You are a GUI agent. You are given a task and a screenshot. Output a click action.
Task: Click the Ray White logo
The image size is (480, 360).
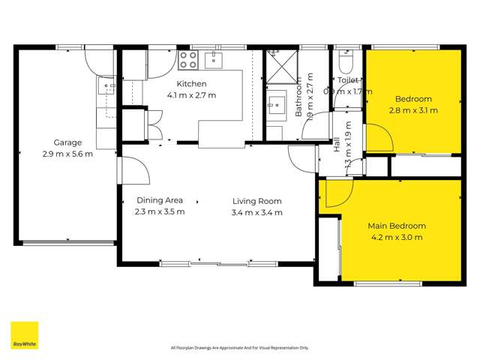24,335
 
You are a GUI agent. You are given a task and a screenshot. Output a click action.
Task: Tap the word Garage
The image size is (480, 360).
67,142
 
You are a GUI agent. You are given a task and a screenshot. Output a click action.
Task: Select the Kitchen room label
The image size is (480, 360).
191,84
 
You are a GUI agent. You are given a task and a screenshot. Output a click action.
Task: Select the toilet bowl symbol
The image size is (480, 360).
349,58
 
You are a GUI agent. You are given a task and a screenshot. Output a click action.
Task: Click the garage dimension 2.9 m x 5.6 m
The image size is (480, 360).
67,154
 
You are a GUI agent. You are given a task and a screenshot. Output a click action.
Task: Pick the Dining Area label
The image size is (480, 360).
160,200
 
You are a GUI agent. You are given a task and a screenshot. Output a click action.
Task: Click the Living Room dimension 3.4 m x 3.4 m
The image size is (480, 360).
257,212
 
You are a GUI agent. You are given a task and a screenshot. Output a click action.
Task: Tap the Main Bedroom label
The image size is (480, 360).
396,226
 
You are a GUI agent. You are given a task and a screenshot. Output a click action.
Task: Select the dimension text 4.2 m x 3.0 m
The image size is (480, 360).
396,238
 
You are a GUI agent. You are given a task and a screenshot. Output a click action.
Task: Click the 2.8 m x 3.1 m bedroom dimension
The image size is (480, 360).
413,110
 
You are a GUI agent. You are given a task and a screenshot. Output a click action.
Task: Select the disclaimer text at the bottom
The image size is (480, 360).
239,347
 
